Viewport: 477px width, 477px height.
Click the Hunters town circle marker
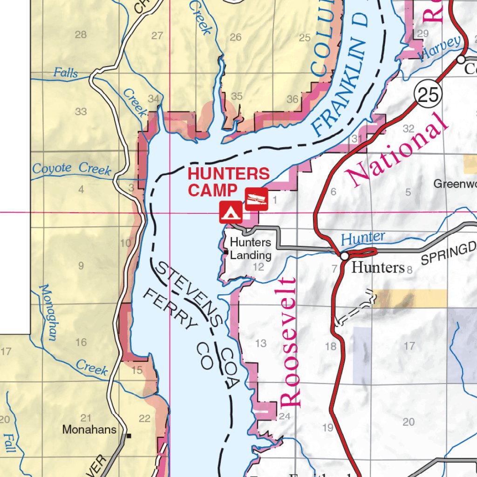pos(344,256)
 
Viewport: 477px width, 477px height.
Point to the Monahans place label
pos(89,429)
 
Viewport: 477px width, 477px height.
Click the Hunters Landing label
pos(251,249)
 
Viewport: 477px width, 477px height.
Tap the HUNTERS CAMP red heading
pos(228,182)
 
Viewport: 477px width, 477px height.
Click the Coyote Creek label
pos(72,169)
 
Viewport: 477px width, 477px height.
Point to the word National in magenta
pos(396,148)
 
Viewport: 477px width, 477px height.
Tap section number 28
pos(81,34)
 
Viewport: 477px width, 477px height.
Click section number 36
pos(293,99)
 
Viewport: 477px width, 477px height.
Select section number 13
pos(260,343)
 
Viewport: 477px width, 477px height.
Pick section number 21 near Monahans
pos(86,418)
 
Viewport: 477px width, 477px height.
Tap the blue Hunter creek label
pos(363,238)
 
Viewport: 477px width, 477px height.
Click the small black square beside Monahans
pos(129,436)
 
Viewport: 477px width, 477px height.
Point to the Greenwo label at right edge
pos(455,184)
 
